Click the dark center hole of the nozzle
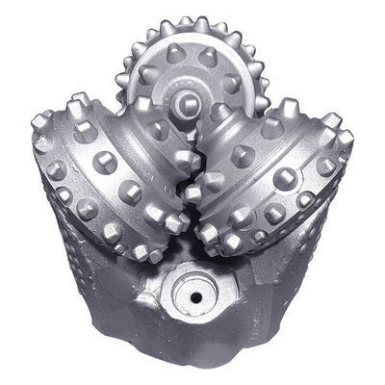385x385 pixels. (x=195, y=297)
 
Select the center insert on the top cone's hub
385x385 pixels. (x=189, y=100)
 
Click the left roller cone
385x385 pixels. (x=106, y=173)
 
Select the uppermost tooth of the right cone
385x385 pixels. (x=290, y=106)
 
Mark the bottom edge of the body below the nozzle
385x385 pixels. (x=197, y=361)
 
